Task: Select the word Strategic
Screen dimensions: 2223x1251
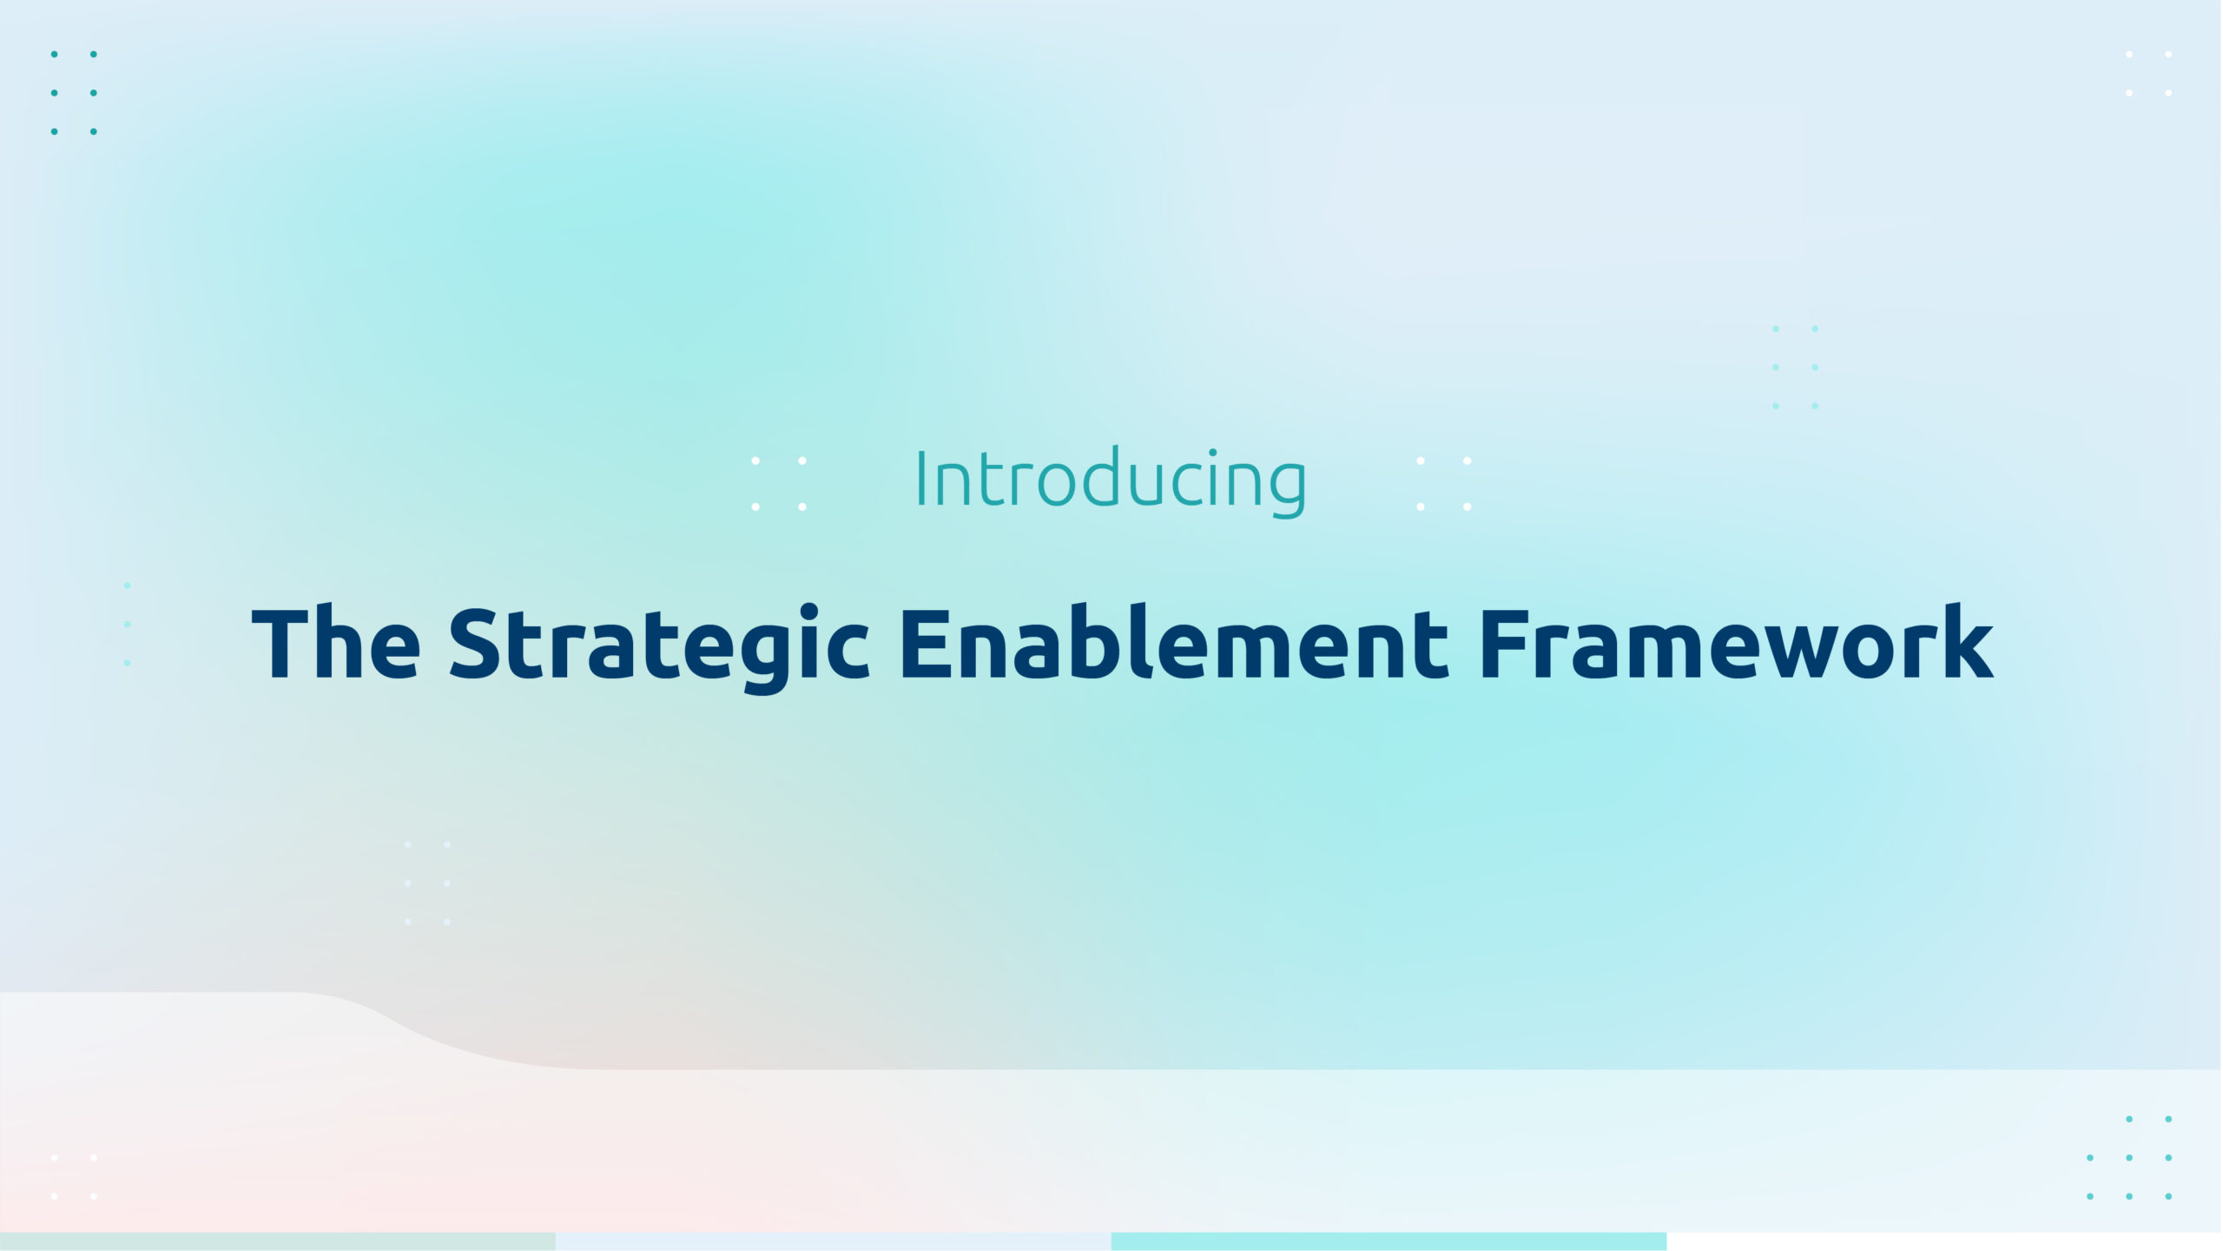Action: [659, 648]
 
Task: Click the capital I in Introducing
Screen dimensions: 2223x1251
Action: [921, 479]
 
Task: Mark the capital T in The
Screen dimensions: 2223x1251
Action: [282, 644]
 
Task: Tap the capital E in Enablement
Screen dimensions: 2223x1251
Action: [925, 644]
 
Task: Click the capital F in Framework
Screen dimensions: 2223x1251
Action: [1503, 644]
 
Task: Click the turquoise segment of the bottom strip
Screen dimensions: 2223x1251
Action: [1389, 1241]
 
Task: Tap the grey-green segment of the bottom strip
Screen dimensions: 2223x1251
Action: [278, 1241]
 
